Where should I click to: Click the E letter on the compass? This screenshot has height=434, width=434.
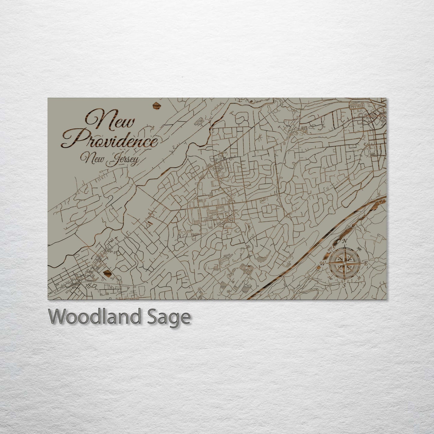tap(366, 263)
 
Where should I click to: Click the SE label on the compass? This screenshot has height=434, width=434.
tap(359, 278)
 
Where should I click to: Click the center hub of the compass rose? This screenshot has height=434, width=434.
tap(344, 263)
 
